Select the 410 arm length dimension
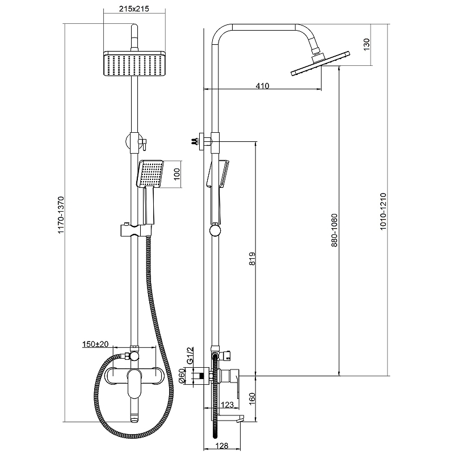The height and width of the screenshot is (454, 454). pos(262,86)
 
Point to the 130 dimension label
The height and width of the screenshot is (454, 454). pos(367,44)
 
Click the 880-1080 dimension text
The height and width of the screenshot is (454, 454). pos(335,230)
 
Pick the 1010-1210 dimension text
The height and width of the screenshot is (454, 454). pos(383,210)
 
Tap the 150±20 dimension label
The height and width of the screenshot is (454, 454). pos(99,344)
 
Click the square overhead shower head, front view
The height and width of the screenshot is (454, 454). pos(134,64)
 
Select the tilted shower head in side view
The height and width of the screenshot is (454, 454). pos(319,63)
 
